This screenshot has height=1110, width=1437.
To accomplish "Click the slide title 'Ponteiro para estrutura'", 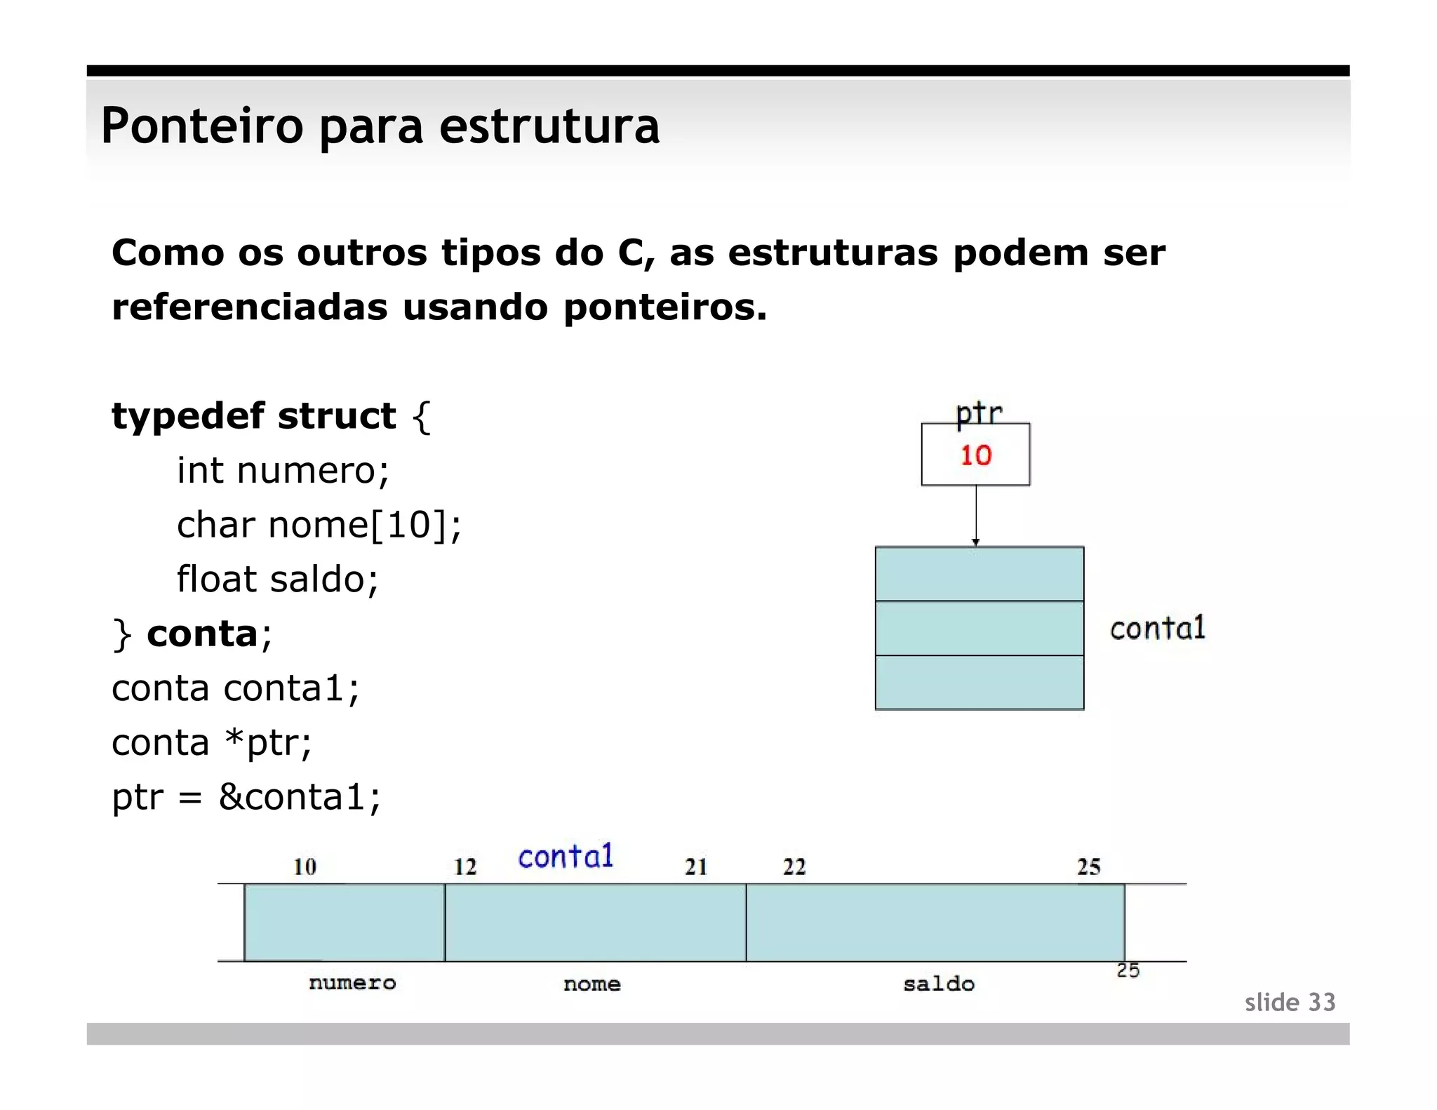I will tap(380, 126).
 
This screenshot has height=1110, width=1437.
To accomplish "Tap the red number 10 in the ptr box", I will tap(975, 455).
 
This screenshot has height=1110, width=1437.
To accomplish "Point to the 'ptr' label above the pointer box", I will tap(979, 412).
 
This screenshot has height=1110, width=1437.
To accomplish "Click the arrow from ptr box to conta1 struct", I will tap(976, 515).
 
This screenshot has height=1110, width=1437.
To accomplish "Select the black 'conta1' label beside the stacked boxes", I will tap(1157, 628).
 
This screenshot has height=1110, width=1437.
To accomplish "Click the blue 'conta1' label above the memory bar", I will tap(566, 857).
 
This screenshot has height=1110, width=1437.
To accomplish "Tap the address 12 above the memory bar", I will tap(464, 867).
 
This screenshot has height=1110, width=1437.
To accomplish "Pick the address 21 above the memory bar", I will tap(695, 867).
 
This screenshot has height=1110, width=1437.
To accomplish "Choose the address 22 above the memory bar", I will tap(794, 867).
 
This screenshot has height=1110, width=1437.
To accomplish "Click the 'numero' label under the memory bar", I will tap(352, 982).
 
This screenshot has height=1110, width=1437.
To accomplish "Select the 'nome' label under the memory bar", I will tap(591, 984).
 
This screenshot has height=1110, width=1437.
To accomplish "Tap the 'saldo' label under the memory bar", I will tap(938, 984).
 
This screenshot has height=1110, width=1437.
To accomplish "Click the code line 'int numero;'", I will tap(283, 470).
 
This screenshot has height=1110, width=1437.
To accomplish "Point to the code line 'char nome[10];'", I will tap(319, 525).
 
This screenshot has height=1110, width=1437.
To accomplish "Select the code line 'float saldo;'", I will tap(277, 580).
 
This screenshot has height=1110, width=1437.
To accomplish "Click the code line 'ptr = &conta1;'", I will tap(246, 797).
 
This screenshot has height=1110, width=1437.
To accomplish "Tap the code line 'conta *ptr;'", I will tap(211, 742).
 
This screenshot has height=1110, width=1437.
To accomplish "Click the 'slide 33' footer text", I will tap(1290, 1002).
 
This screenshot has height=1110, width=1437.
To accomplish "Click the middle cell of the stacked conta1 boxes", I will tap(979, 628).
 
